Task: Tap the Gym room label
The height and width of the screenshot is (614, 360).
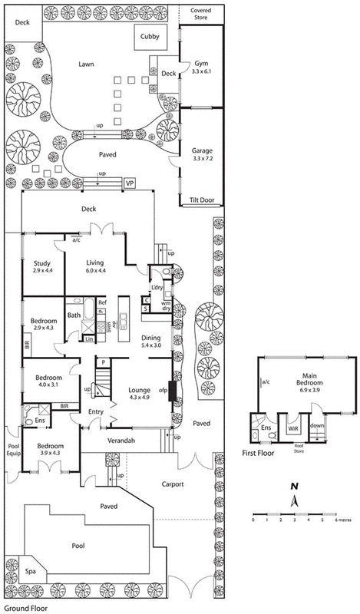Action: coord(201,64)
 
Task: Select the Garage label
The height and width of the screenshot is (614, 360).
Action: coord(202,151)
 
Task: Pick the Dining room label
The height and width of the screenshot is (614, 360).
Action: coord(151,337)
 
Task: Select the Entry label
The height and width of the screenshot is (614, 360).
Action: coord(95,412)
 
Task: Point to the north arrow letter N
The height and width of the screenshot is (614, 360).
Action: coord(293,487)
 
